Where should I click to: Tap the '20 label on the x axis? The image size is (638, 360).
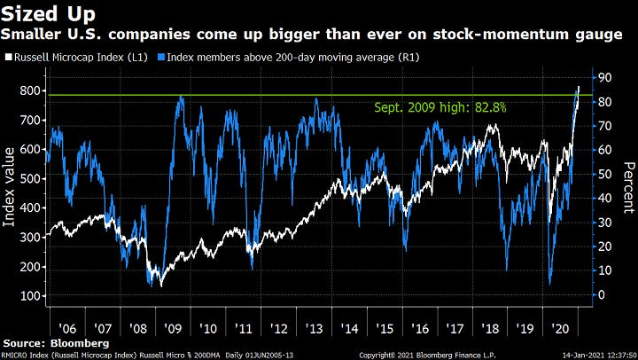coord(562,326)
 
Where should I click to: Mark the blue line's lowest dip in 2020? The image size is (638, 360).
coord(549,284)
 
